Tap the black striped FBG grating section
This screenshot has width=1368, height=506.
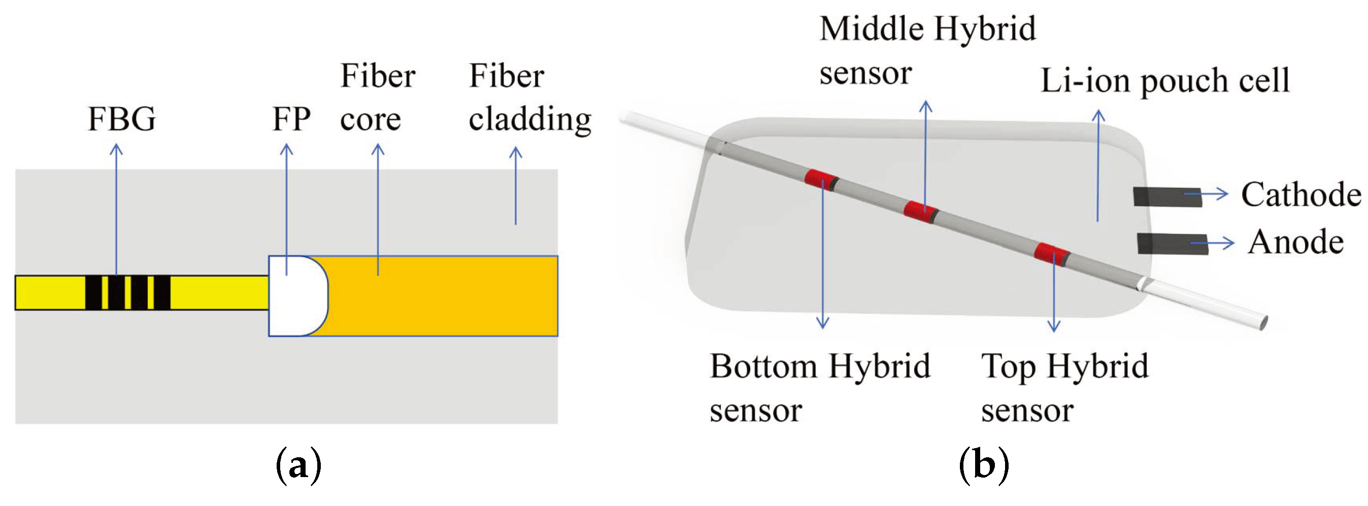tap(127, 292)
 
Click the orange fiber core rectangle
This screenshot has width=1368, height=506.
tap(441, 296)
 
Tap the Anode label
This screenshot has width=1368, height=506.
tap(1295, 242)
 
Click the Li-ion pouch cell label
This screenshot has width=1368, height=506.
tap(1164, 81)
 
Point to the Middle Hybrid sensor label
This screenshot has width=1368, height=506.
tap(927, 50)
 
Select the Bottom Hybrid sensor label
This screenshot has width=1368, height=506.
tap(819, 388)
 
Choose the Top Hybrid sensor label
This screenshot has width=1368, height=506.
tap(1064, 388)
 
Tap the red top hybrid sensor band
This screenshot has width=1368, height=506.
tap(1050, 254)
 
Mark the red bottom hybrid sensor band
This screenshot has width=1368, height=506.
tap(820, 179)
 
